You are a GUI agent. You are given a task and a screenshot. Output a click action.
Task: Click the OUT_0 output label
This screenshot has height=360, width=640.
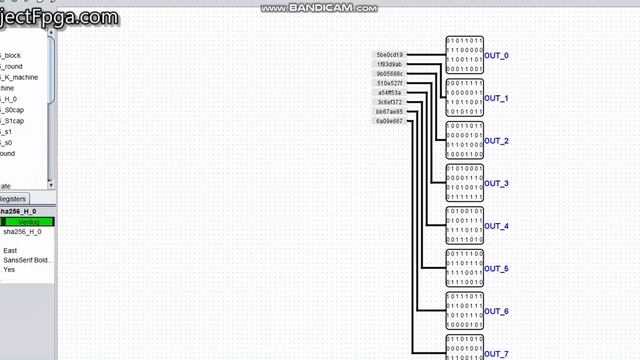[497, 56]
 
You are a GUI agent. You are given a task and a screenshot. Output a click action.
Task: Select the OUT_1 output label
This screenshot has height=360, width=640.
[497, 99]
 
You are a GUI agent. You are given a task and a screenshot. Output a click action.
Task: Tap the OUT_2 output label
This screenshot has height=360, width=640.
[497, 142]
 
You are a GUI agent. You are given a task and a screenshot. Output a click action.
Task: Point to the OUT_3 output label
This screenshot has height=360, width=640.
[497, 184]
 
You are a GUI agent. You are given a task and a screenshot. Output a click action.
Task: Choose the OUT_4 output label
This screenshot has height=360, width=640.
[497, 227]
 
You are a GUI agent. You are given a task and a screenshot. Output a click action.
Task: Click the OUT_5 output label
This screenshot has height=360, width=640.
[497, 270]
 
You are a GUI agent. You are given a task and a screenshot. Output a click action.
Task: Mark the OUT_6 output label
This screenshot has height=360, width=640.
[497, 313]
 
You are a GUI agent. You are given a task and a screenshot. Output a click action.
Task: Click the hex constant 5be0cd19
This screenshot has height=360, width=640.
[389, 55]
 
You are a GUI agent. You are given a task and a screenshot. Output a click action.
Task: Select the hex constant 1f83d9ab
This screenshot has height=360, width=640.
[389, 64]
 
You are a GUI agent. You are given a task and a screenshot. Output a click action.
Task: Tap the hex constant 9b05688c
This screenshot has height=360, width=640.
[389, 74]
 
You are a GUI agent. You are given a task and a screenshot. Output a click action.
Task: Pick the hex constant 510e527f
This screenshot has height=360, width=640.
[389, 83]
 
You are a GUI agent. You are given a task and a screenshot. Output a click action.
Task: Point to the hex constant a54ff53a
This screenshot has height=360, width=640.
[389, 92]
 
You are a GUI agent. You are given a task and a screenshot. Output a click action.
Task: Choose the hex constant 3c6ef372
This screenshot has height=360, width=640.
[389, 102]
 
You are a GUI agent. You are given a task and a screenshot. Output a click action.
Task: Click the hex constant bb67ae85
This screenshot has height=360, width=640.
[389, 111]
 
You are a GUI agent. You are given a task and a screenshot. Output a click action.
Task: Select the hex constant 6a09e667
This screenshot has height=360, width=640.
[389, 121]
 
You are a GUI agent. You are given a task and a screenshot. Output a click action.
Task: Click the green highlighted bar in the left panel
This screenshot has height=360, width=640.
[28, 221]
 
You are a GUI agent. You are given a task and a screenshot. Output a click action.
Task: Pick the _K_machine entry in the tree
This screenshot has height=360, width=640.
[19, 77]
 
